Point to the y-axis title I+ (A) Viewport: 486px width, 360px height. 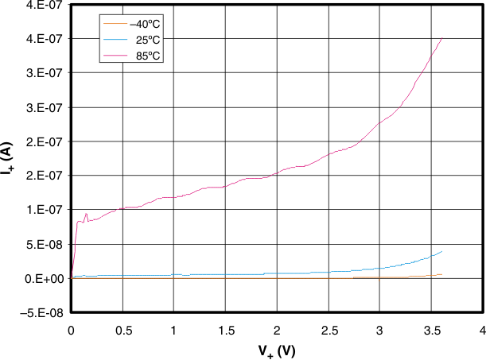[10, 159]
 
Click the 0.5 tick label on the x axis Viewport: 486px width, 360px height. [122, 329]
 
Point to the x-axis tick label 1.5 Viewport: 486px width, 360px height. [225, 329]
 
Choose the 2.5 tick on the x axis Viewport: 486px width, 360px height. [329, 329]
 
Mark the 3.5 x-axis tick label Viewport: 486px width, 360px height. [431, 329]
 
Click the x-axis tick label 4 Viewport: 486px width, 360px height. [483, 329]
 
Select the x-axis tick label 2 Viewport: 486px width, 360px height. [277, 329]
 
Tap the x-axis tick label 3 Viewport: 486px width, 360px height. [380, 329]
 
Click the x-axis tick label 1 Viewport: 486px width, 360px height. [174, 329]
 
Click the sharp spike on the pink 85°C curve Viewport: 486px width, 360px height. [86, 213]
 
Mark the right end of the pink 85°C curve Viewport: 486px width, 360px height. [441, 37]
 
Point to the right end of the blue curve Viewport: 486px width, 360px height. [441, 251]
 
